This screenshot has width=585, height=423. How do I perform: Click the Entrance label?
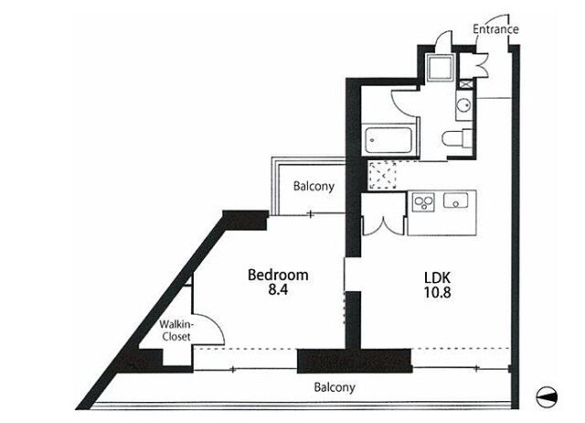495,29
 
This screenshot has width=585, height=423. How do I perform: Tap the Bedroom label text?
278,275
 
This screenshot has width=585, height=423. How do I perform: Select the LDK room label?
437,277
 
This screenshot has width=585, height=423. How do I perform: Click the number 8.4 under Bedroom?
278,290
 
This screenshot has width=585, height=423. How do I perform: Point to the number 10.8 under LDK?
437,292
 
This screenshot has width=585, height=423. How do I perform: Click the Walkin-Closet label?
175,331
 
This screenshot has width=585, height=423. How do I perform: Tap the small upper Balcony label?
314,186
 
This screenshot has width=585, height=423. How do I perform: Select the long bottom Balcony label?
335,387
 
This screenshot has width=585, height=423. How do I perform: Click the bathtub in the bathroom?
388,140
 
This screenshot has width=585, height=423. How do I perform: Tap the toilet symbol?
458,138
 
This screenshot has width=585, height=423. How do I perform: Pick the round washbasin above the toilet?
464,104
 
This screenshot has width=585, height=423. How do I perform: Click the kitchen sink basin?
455,201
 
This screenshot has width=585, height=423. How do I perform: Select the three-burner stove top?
423,202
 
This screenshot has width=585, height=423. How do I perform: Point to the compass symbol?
547,396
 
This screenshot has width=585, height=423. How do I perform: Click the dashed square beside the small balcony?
382,175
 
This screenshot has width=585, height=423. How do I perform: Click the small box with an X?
465,84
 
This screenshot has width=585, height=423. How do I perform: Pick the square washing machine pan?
441,67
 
